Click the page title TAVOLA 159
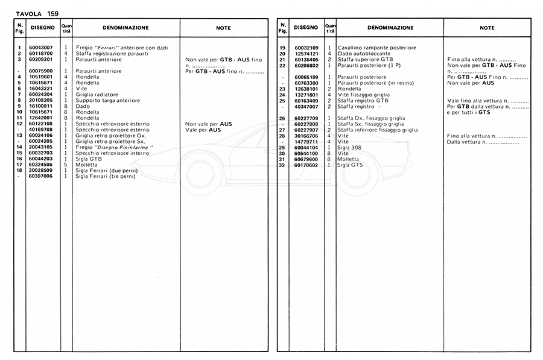point(37,13)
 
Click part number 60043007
point(40,48)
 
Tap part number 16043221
point(40,89)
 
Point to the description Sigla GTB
point(88,159)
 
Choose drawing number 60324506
point(40,165)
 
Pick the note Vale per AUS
point(203,130)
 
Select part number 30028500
point(40,171)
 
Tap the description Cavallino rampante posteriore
point(377,48)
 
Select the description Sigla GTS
point(350,165)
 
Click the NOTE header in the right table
point(487,28)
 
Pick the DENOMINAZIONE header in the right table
point(390,28)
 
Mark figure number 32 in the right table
point(282,165)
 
